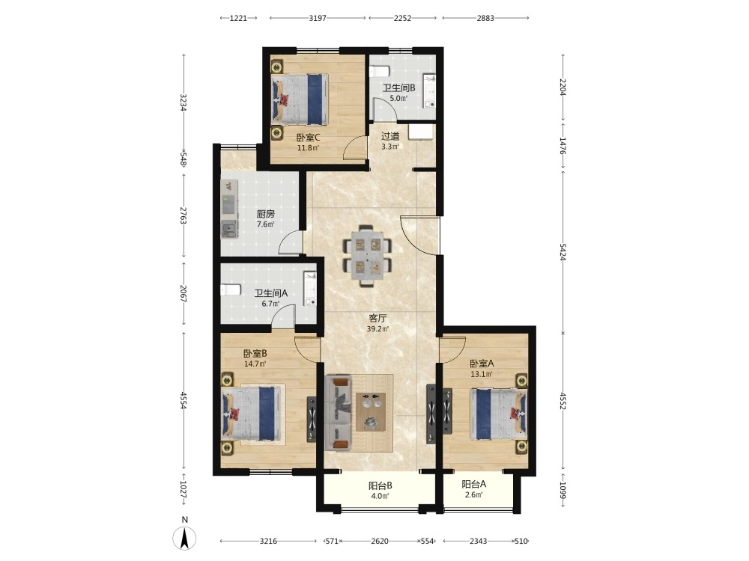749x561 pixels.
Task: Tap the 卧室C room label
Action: coord(308,138)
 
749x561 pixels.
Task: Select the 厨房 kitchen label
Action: coord(266,214)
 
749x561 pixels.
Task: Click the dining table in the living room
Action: coord(367,256)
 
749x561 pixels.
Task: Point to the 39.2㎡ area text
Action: coord(377,328)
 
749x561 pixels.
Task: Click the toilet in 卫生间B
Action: coord(380,71)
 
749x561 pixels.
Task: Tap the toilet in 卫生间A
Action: coord(230,290)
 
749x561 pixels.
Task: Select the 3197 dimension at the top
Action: coord(318,18)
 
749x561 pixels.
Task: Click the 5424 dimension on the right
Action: coord(562,251)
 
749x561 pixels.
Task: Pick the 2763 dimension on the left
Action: coord(183,215)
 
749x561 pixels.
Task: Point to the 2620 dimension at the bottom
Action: coord(380,541)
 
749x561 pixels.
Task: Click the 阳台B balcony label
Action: coord(380,485)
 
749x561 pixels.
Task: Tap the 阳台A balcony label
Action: coord(474,484)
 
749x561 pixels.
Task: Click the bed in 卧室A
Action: coord(499,414)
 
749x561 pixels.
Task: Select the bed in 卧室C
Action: coord(300,99)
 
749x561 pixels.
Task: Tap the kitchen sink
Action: coord(229,229)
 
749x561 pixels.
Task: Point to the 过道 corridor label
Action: coord(390,136)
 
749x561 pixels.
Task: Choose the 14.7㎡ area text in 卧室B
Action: coord(255,364)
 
